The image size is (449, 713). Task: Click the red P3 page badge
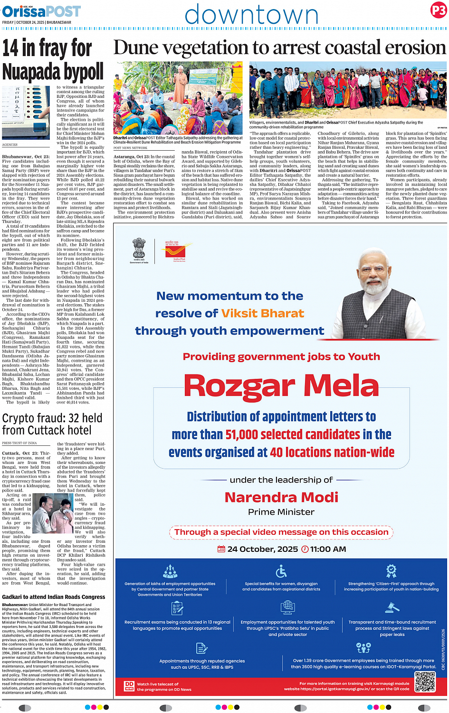point(438,11)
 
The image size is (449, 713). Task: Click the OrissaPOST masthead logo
point(42,11)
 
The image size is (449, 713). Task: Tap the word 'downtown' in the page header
point(251,15)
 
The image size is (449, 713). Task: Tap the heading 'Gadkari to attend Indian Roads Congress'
point(54,597)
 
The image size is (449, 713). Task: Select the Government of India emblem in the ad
point(139,250)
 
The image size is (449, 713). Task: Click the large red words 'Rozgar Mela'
point(281,385)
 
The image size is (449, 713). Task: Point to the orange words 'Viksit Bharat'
point(262,313)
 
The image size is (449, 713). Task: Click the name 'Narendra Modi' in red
point(281,497)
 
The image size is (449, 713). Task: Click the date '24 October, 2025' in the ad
point(262,549)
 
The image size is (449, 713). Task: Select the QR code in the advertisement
point(424,682)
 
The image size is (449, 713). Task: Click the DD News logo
point(129,685)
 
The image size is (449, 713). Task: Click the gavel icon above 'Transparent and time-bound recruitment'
point(392,608)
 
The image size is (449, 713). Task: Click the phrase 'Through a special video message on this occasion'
point(281,532)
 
